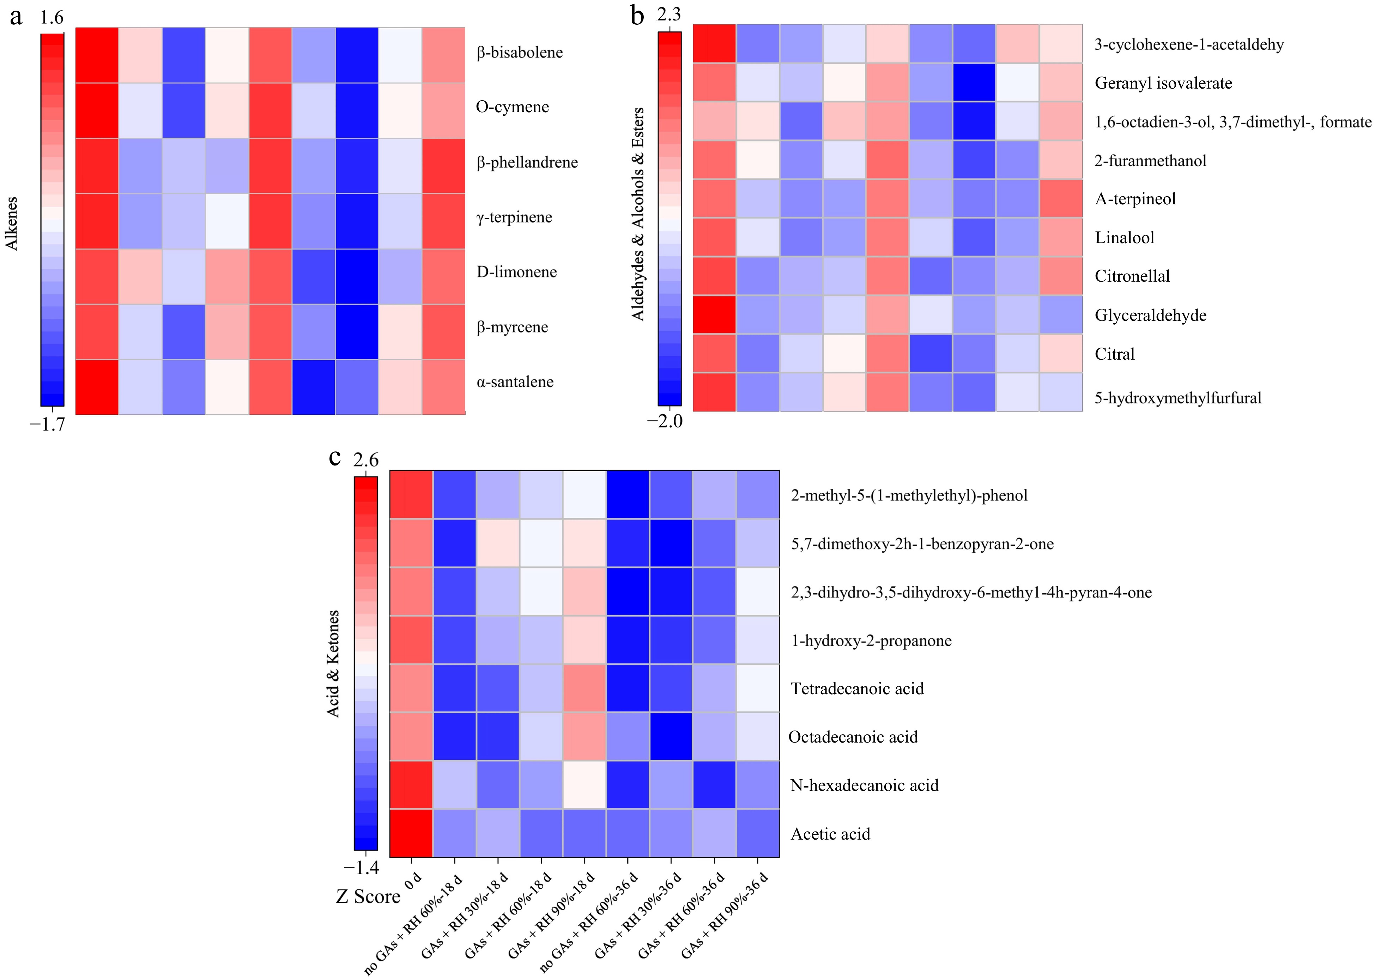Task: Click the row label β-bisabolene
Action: coord(519,53)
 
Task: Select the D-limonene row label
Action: coord(516,272)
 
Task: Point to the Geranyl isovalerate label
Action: coord(1163,83)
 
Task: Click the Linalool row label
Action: coord(1124,238)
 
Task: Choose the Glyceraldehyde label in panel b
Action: coord(1150,315)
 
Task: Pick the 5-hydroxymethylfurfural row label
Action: coord(1177,398)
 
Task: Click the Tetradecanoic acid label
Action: coord(857,689)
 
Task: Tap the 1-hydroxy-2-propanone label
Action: coord(871,640)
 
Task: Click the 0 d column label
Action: coord(413,881)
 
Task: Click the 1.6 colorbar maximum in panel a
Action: coord(52,18)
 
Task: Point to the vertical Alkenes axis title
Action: coord(11,223)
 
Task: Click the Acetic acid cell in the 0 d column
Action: coord(411,833)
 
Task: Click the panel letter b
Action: coord(637,16)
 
